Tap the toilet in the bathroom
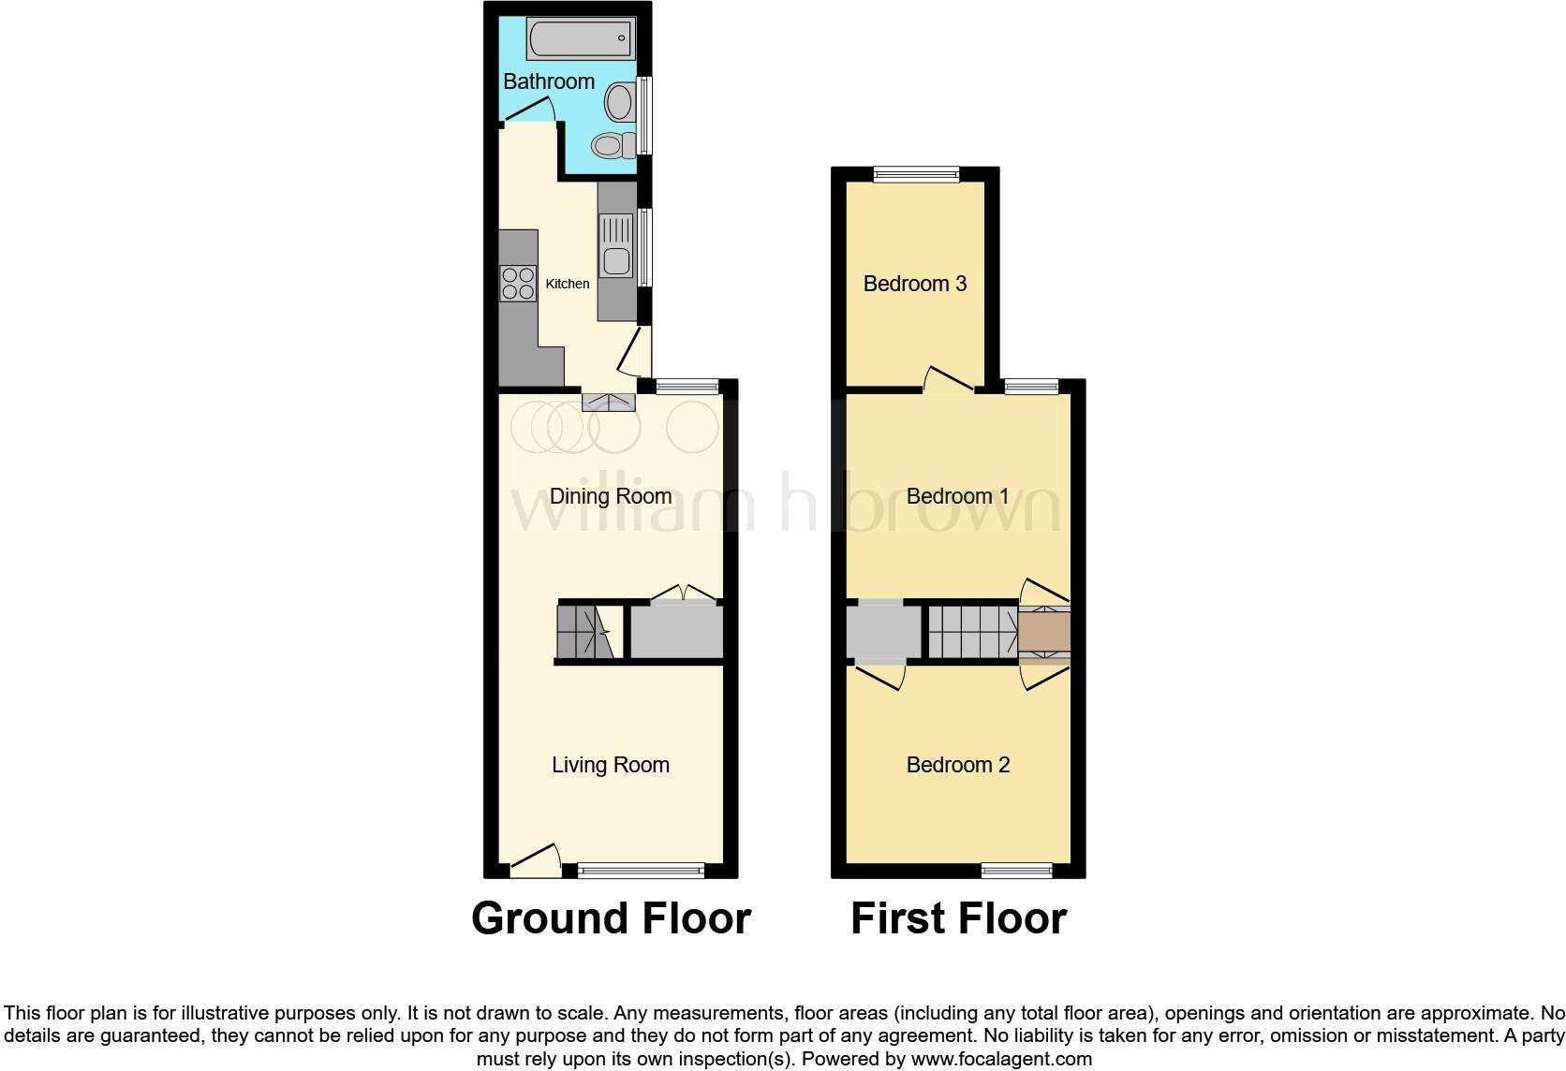click(609, 145)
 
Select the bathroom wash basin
click(619, 101)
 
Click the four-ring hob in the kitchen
click(518, 283)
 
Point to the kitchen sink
click(616, 245)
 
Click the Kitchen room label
click(568, 284)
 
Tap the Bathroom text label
click(549, 81)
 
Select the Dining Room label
click(611, 496)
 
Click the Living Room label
click(611, 765)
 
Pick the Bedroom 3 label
click(914, 284)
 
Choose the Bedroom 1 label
click(957, 496)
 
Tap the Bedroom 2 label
click(957, 765)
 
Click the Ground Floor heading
click(611, 918)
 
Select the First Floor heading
click(958, 918)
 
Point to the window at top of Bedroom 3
click(916, 174)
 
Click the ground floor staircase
click(583, 632)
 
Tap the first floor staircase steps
click(972, 632)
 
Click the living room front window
click(642, 871)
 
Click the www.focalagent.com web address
click(1001, 1060)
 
